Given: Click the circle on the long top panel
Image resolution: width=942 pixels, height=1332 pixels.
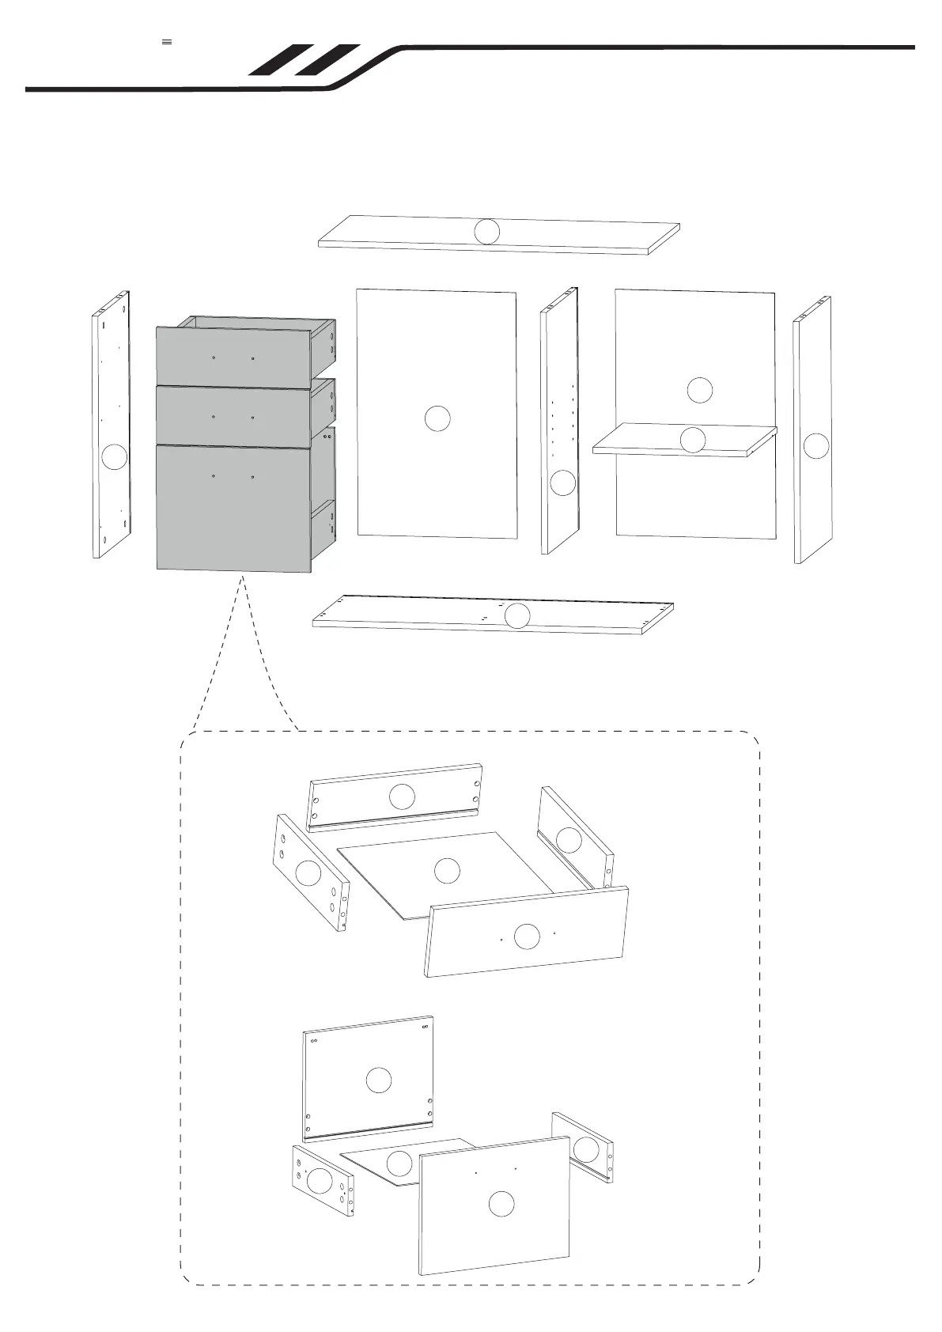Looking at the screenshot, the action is tap(487, 231).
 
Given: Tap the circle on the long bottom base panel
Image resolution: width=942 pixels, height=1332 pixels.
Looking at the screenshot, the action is tap(516, 615).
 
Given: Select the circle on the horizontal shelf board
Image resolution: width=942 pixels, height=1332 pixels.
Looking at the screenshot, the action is tap(693, 440).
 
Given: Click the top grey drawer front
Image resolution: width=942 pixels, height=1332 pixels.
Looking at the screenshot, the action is tap(233, 357).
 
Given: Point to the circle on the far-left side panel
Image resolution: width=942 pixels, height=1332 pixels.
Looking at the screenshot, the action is tap(115, 457).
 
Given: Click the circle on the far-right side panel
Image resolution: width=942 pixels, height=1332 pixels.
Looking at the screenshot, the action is tap(815, 446).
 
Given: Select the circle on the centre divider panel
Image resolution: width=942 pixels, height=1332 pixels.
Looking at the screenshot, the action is tap(562, 482).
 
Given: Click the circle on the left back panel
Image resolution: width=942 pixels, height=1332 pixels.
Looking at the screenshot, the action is tap(437, 418).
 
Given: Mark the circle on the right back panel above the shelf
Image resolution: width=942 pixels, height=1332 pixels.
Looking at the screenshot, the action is tap(699, 390).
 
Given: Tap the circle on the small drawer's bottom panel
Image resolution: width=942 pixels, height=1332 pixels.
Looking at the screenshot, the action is tap(447, 871).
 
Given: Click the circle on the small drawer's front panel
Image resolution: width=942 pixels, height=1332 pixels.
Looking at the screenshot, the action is tap(527, 937).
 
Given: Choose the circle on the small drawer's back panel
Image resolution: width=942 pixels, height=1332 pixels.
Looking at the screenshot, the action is tap(402, 797).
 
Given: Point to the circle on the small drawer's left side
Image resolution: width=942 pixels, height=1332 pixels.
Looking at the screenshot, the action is tap(308, 873).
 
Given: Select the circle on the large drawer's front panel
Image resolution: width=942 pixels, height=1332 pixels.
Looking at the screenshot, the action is tap(501, 1226).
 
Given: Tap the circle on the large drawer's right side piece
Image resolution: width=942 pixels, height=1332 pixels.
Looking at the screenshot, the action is tap(584, 1148).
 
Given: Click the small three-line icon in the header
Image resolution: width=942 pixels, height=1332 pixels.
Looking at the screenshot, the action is tap(167, 41).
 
